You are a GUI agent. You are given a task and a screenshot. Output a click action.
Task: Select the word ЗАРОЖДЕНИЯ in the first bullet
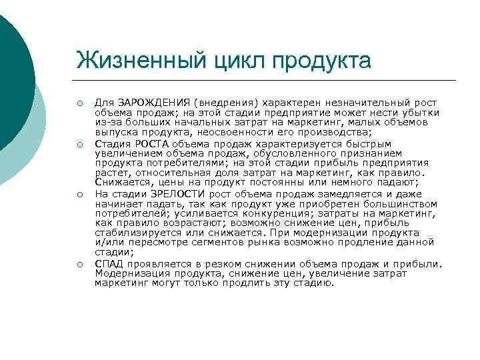(x=153, y=103)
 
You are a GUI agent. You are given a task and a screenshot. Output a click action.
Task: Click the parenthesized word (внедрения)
(x=226, y=103)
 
